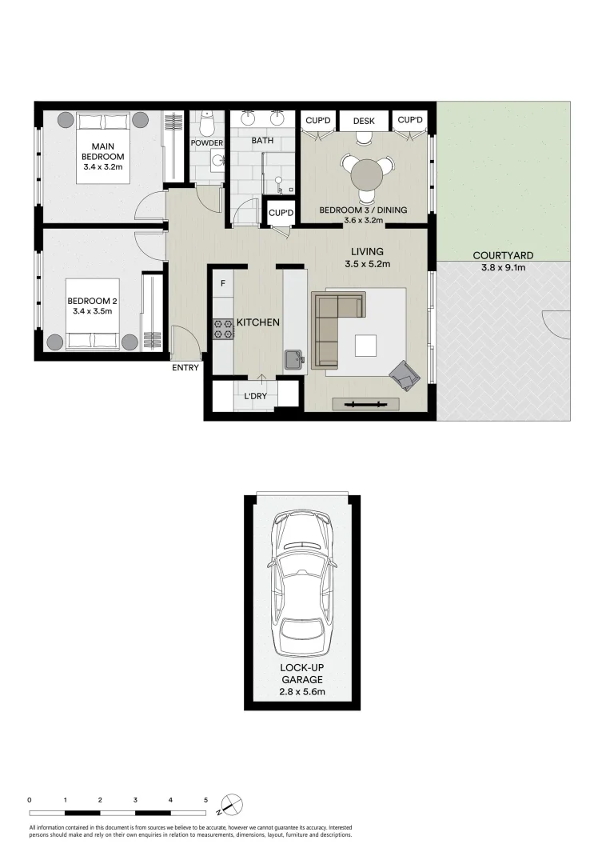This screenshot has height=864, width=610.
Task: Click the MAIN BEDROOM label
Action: tap(103, 151)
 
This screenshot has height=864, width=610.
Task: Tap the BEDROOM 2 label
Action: tap(92, 301)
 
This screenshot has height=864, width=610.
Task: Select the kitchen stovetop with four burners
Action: tap(224, 329)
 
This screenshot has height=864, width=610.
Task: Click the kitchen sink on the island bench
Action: tap(295, 360)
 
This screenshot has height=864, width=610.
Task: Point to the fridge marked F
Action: tap(223, 284)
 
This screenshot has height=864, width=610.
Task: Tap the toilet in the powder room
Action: tap(207, 124)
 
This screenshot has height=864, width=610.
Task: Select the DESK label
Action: tap(364, 122)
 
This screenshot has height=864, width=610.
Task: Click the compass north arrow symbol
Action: tap(231, 804)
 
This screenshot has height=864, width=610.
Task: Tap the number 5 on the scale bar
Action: tap(206, 800)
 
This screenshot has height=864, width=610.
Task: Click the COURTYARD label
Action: tap(503, 256)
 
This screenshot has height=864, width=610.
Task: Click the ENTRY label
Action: tap(185, 367)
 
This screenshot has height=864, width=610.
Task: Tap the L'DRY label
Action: tap(256, 396)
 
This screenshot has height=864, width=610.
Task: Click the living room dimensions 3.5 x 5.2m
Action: tap(368, 264)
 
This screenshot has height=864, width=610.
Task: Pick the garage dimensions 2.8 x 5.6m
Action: tap(302, 691)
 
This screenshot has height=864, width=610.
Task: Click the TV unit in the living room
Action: tap(365, 404)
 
